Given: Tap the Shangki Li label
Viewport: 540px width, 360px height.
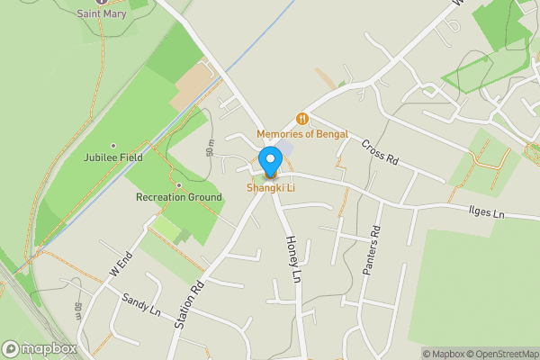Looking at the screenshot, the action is (x=270, y=187).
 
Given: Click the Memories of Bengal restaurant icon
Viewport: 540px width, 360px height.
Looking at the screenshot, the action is (x=302, y=118).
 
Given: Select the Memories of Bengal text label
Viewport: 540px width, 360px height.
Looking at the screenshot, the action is (x=302, y=134).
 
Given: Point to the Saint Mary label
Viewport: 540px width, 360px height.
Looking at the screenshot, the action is (x=102, y=13).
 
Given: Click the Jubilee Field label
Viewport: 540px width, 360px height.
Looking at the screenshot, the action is (x=112, y=158).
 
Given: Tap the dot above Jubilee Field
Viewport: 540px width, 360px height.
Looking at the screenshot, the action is (x=113, y=146).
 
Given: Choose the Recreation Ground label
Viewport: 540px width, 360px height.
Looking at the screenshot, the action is (x=179, y=197).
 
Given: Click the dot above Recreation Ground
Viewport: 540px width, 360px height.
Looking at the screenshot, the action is (x=179, y=185).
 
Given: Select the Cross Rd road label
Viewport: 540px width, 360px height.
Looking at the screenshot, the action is (x=379, y=152).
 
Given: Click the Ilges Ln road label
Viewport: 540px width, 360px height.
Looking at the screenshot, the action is (x=487, y=212).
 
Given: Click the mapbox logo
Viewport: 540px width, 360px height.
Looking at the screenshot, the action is (x=39, y=348).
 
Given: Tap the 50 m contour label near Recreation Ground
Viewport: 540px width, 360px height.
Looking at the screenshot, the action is (x=211, y=148).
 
